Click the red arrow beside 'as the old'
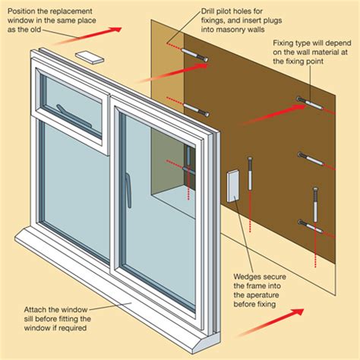pos(106,33)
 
